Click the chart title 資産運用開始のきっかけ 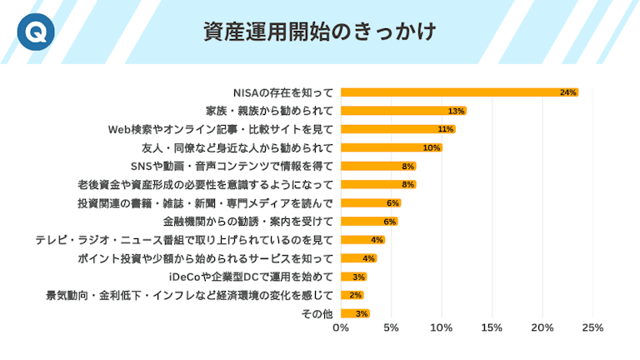(x=320, y=32)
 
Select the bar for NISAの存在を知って (x=458, y=92)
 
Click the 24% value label (x=568, y=92)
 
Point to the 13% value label (x=456, y=111)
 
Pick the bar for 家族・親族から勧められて (x=403, y=111)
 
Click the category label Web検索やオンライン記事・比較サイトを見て (x=221, y=129)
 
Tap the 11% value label (x=445, y=129)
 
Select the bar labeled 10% (x=391, y=147)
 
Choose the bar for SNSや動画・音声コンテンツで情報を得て (x=377, y=166)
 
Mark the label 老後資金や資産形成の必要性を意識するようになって (x=206, y=184)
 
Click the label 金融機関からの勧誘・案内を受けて (x=248, y=221)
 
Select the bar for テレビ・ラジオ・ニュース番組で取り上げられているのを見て (x=362, y=239)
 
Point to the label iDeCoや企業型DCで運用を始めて (x=251, y=276)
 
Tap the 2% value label (x=355, y=295)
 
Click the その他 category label (x=317, y=313)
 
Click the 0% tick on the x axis (x=341, y=327)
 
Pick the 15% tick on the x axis (x=492, y=327)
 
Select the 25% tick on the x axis (x=592, y=327)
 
